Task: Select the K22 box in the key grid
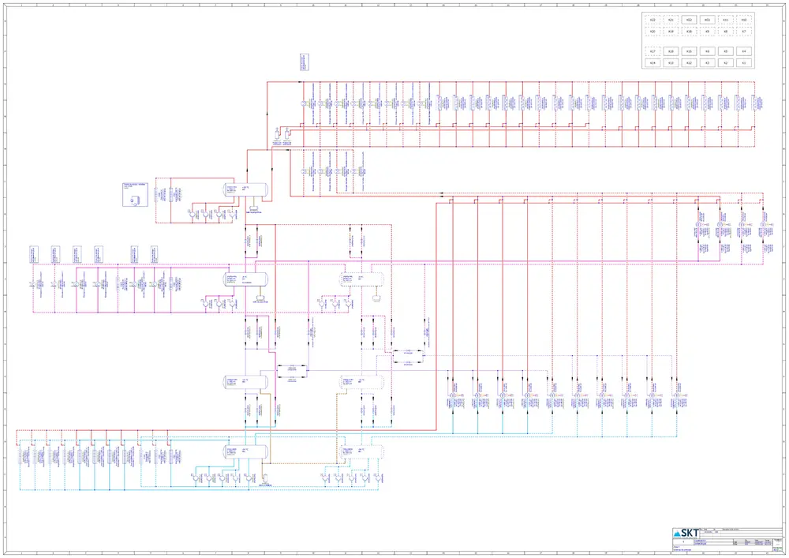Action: click(652, 20)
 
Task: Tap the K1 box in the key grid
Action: click(744, 62)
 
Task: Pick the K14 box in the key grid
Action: click(652, 62)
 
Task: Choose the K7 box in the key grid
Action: click(744, 32)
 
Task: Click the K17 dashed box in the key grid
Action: click(652, 51)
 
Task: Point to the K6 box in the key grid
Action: click(707, 51)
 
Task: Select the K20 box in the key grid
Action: click(652, 32)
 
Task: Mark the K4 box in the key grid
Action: click(744, 51)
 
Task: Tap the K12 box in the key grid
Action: click(689, 62)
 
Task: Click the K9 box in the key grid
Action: click(707, 32)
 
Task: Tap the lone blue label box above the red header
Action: click(303, 62)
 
